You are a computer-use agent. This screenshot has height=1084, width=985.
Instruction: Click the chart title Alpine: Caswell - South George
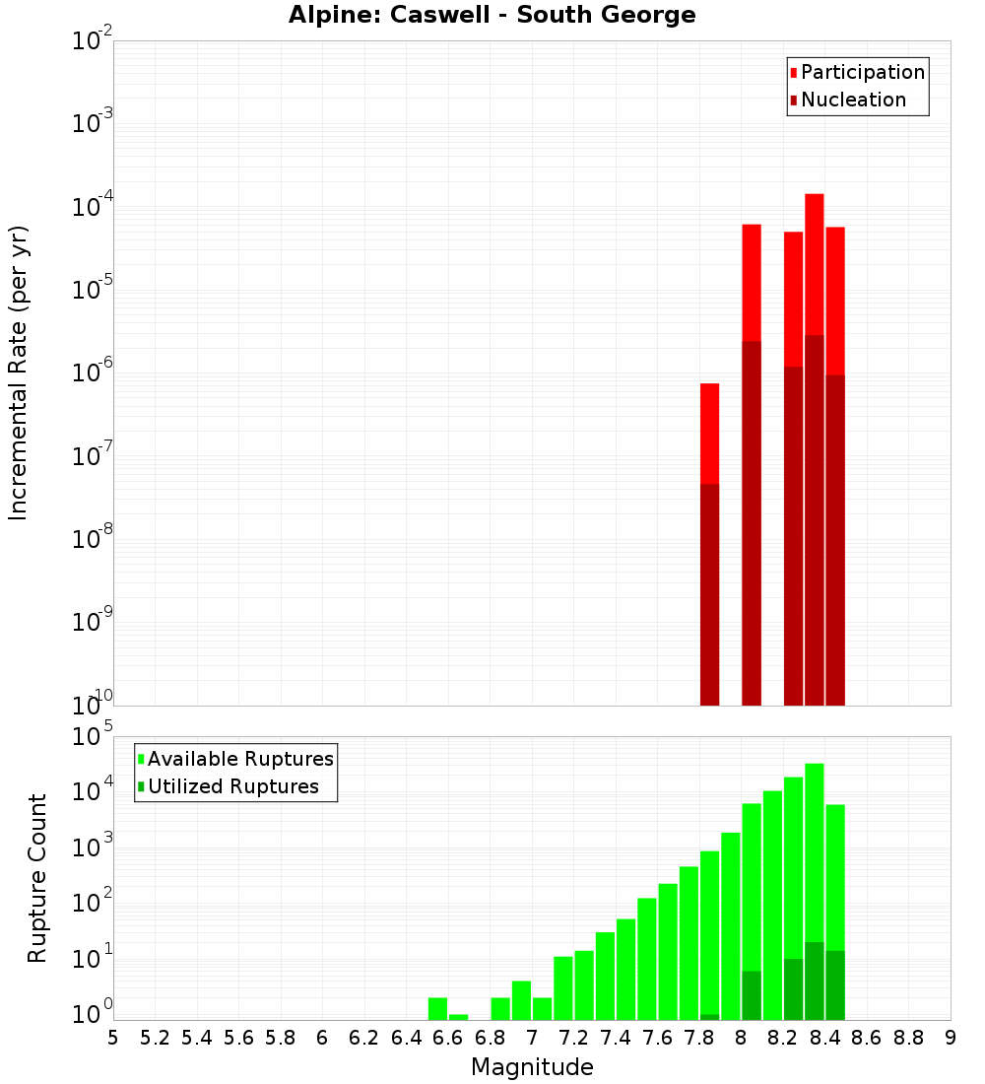point(492,16)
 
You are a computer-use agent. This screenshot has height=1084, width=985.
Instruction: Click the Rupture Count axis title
point(37,878)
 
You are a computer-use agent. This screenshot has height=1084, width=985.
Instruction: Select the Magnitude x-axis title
point(532,1067)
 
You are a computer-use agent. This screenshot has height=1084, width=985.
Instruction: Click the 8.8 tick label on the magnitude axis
point(908,1038)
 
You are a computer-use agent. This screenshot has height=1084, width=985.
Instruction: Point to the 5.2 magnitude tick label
point(155,1038)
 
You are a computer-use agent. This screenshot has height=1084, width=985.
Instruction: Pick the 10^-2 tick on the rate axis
point(93,41)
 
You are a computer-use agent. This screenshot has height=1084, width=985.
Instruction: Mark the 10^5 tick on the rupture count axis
point(93,737)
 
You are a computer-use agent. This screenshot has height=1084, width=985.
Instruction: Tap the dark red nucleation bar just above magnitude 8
point(751,522)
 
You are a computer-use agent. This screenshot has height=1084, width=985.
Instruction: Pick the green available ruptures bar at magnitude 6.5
point(437,1008)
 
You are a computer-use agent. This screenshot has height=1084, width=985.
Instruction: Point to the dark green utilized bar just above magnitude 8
point(751,994)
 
